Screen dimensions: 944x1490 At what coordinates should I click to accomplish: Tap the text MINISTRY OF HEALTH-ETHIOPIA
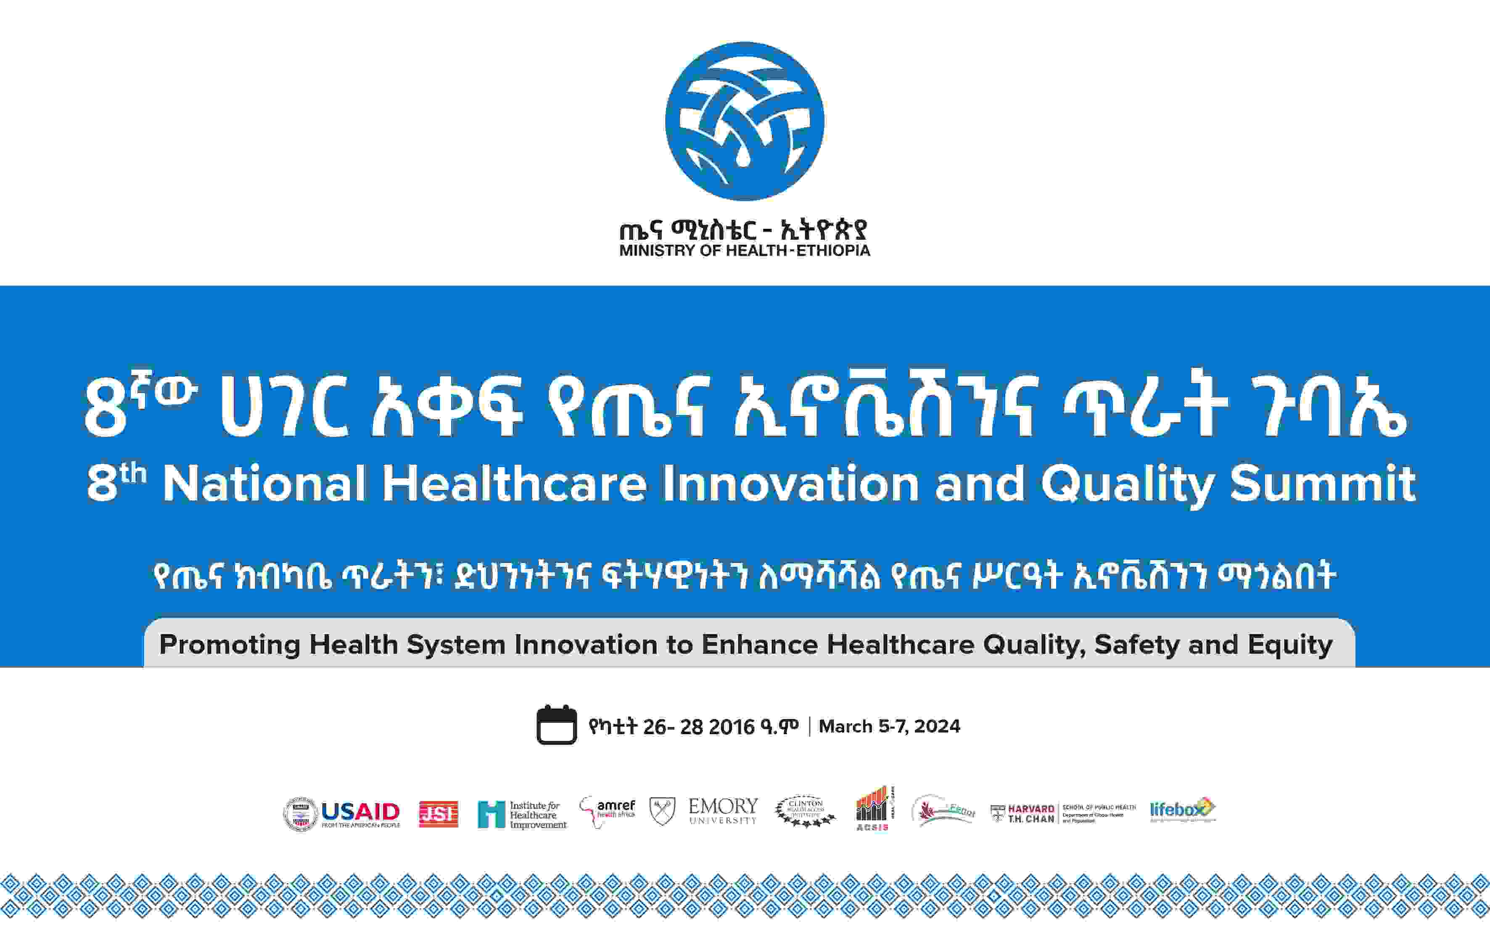click(x=745, y=251)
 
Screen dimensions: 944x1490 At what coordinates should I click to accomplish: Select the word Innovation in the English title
click(x=791, y=484)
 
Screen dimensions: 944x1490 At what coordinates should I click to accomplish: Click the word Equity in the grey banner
click(x=1290, y=645)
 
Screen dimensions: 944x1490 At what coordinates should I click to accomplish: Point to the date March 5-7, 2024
click(x=889, y=726)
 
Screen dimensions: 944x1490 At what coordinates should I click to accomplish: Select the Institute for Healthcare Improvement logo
click(x=522, y=814)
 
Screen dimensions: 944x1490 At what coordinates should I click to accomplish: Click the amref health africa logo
click(x=608, y=810)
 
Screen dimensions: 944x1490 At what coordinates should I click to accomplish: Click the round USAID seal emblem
click(x=301, y=814)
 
